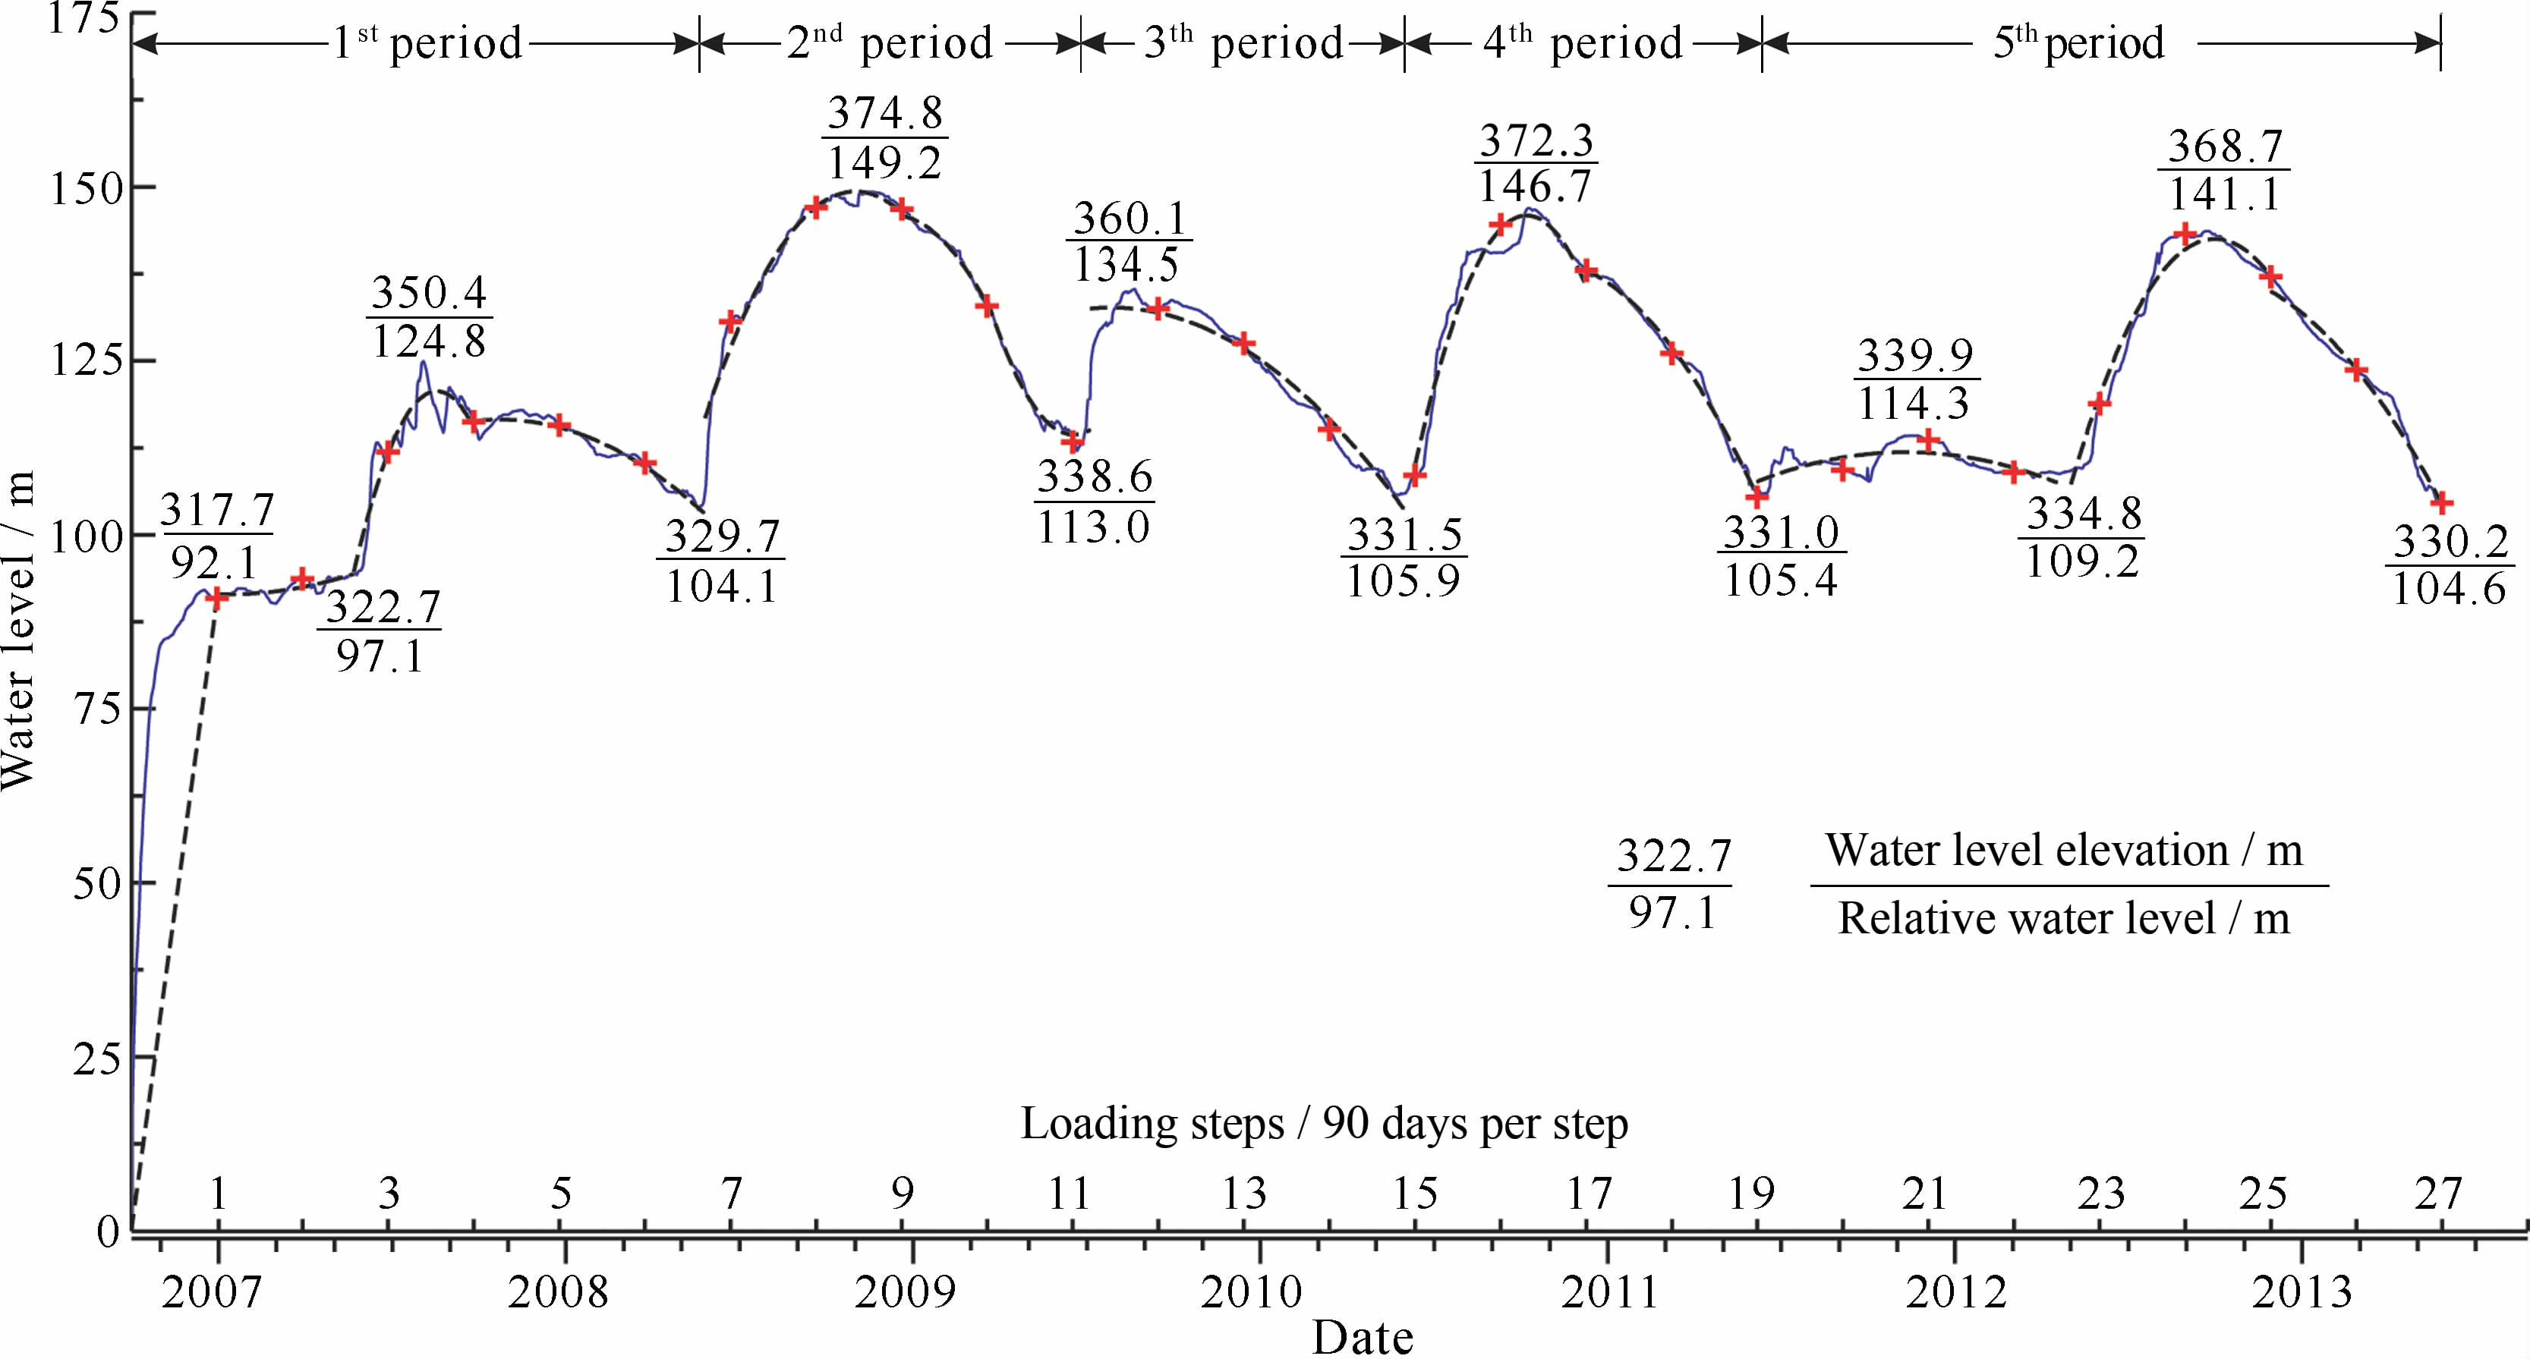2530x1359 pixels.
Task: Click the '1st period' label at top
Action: (x=427, y=43)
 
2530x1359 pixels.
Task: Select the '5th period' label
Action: (x=2078, y=43)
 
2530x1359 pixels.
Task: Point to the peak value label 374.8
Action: (x=885, y=114)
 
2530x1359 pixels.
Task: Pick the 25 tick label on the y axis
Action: (x=96, y=1059)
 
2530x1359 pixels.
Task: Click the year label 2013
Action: (x=2302, y=1292)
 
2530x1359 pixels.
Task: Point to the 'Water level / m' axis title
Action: (x=17, y=628)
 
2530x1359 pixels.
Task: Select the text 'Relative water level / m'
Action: (x=2063, y=919)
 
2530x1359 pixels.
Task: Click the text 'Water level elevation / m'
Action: (x=2063, y=851)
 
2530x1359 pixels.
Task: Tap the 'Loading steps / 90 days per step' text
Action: (x=1324, y=1123)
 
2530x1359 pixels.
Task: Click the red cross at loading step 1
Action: (x=217, y=597)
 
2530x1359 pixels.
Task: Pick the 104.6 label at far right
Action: (x=2450, y=589)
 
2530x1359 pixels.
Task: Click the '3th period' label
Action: (x=1243, y=43)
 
